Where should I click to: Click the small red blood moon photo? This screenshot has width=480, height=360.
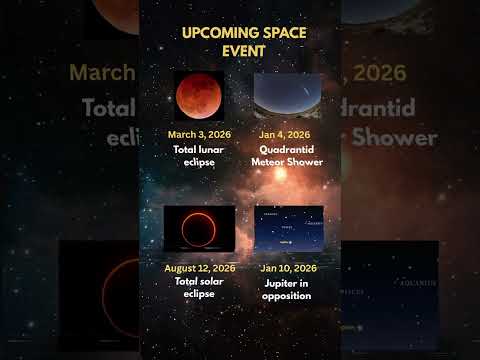pyautogui.click(x=199, y=96)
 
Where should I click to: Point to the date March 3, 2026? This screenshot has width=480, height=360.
pyautogui.click(x=199, y=134)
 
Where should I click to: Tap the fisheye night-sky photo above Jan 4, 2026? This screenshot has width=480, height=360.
pyautogui.click(x=288, y=96)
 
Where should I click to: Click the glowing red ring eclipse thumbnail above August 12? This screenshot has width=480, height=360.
pyautogui.click(x=199, y=229)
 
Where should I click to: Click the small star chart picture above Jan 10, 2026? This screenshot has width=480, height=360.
pyautogui.click(x=288, y=229)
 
